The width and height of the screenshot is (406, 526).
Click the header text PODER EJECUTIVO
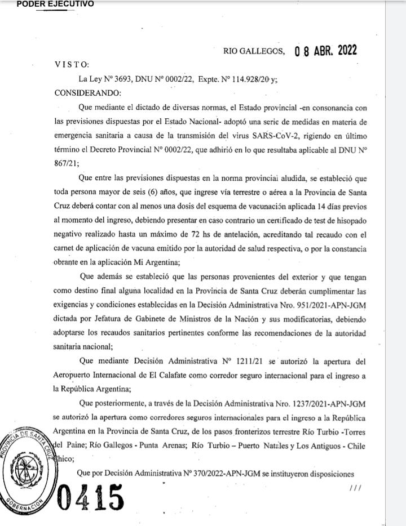(55, 4)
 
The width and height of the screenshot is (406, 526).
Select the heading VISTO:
(72, 65)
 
